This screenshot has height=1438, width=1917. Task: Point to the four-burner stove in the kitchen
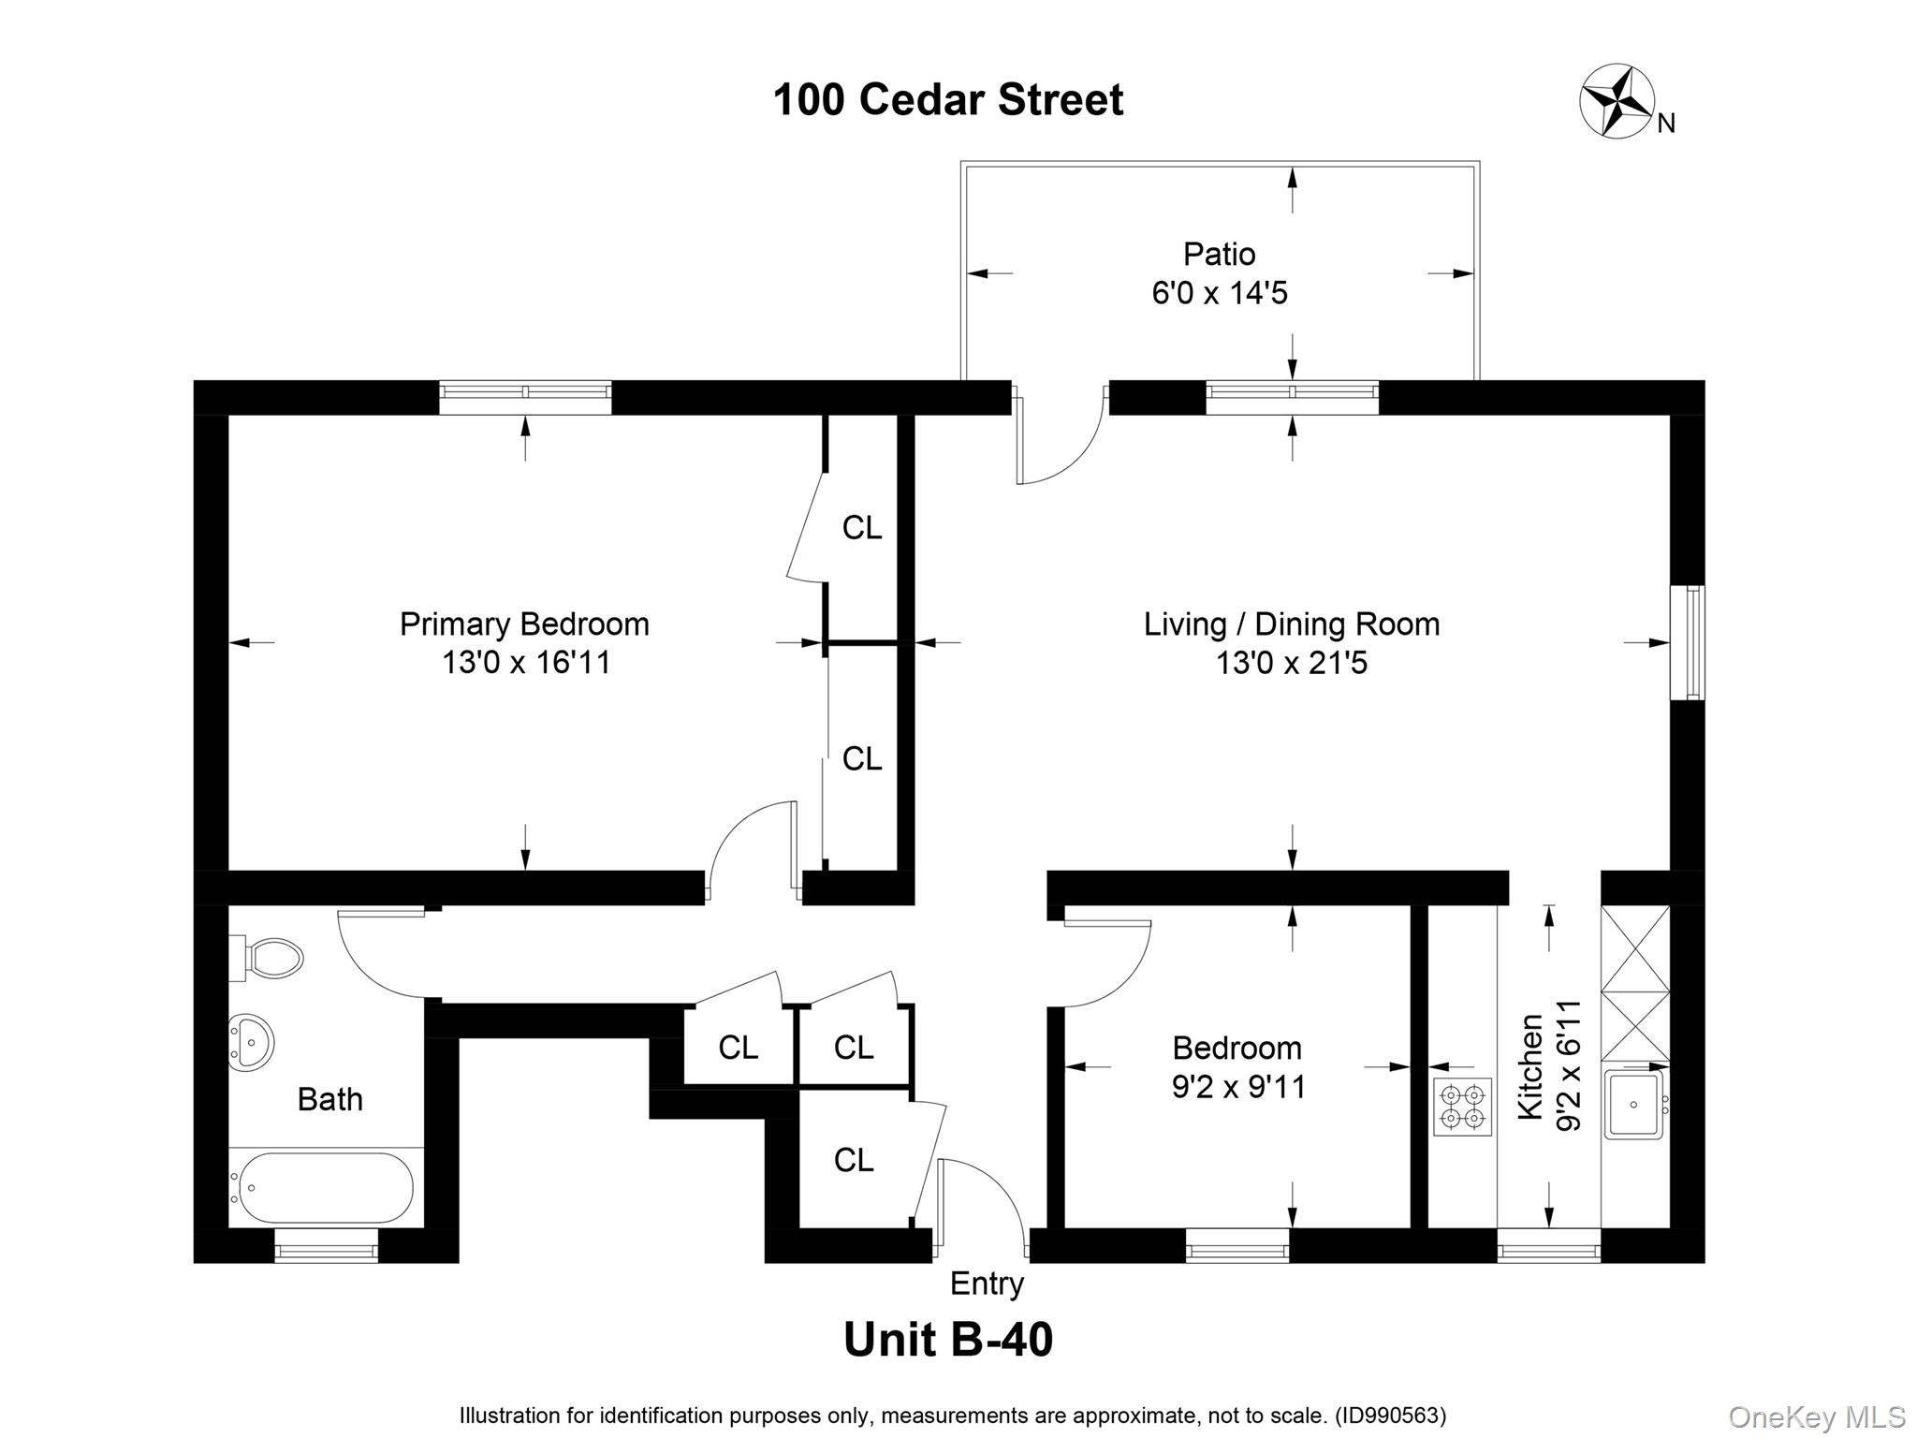[1462, 1107]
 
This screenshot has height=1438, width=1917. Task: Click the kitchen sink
[1634, 1105]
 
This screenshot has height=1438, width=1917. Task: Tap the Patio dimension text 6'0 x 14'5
[1220, 293]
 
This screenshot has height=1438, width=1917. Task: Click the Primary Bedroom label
[524, 624]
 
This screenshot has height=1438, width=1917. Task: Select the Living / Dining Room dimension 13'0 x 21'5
[1292, 663]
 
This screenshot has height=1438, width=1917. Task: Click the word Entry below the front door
[987, 1284]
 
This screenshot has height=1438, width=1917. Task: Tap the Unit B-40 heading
[948, 1340]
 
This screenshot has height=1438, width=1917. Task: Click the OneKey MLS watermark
[1816, 1417]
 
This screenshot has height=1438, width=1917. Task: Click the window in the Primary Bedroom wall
[525, 396]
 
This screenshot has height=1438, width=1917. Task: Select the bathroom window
[326, 1246]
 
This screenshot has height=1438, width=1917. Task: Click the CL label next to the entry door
[853, 1160]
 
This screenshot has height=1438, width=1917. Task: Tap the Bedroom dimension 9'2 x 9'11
[1238, 1086]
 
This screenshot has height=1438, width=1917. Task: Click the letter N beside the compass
[1666, 124]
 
